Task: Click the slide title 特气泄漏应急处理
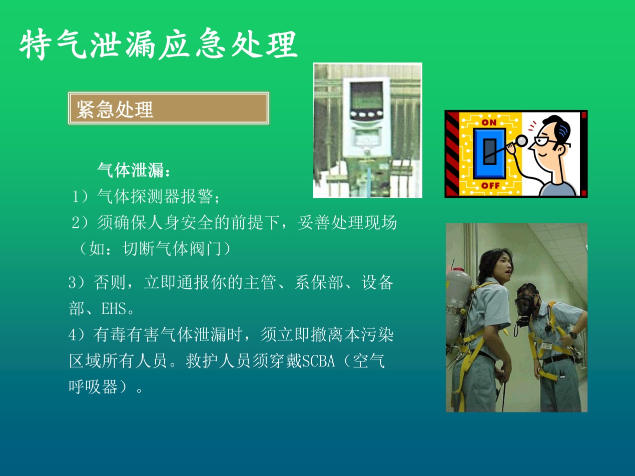[x=159, y=44]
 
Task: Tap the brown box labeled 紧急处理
[x=169, y=108]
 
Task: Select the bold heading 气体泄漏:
[x=134, y=170]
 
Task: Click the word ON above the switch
[x=489, y=122]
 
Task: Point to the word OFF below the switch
[x=491, y=185]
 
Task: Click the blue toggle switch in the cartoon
[x=489, y=153]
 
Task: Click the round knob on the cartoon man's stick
[x=521, y=140]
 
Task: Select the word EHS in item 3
[x=114, y=308]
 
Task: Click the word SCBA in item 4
[x=318, y=361]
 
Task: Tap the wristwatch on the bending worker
[x=573, y=335]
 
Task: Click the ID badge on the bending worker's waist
[x=546, y=345]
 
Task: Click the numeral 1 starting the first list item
[x=75, y=197]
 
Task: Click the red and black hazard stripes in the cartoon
[x=452, y=154]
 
